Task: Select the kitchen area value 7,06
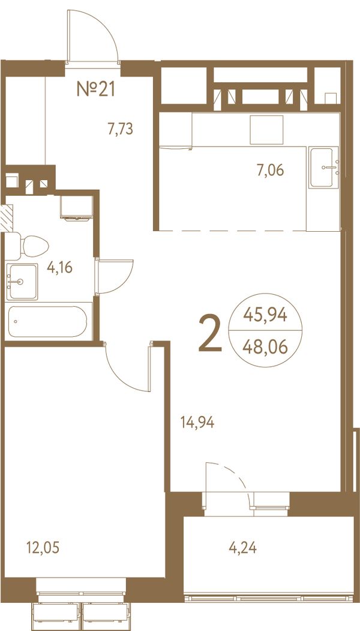(x=271, y=171)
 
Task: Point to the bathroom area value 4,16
(x=59, y=267)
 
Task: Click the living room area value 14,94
(x=197, y=423)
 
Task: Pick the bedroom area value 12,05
(x=43, y=548)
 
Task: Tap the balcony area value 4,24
(x=243, y=548)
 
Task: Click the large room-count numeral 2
(x=211, y=334)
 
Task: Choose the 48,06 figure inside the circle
(x=265, y=346)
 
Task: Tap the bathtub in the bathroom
(x=48, y=321)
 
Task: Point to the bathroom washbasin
(x=22, y=282)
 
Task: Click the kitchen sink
(x=323, y=168)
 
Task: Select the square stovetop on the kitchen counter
(x=266, y=130)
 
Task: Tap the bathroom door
(x=114, y=276)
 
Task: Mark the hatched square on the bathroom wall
(x=7, y=218)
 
